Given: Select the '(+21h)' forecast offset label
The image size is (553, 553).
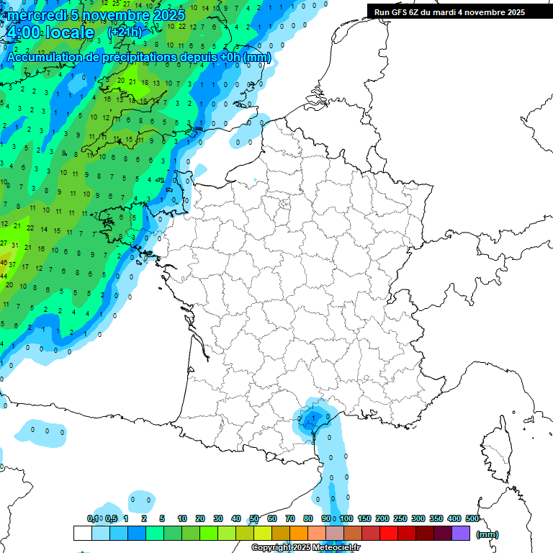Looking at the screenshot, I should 125,32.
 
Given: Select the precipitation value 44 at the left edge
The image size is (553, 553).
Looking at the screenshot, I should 4,276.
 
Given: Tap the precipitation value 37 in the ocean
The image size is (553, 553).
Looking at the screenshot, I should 12,265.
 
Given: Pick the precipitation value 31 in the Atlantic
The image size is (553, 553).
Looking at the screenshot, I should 14,246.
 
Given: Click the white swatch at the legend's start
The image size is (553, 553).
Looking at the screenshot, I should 83,534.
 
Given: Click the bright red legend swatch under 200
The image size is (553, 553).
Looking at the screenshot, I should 389,534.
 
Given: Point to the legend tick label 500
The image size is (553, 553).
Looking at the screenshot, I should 472,519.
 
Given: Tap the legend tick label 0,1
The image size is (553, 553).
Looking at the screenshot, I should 93,519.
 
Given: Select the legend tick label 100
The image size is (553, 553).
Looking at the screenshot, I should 346,519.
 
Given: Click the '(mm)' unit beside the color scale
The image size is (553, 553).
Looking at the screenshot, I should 487,534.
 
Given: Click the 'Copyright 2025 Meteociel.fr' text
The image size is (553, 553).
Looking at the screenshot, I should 306,548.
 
